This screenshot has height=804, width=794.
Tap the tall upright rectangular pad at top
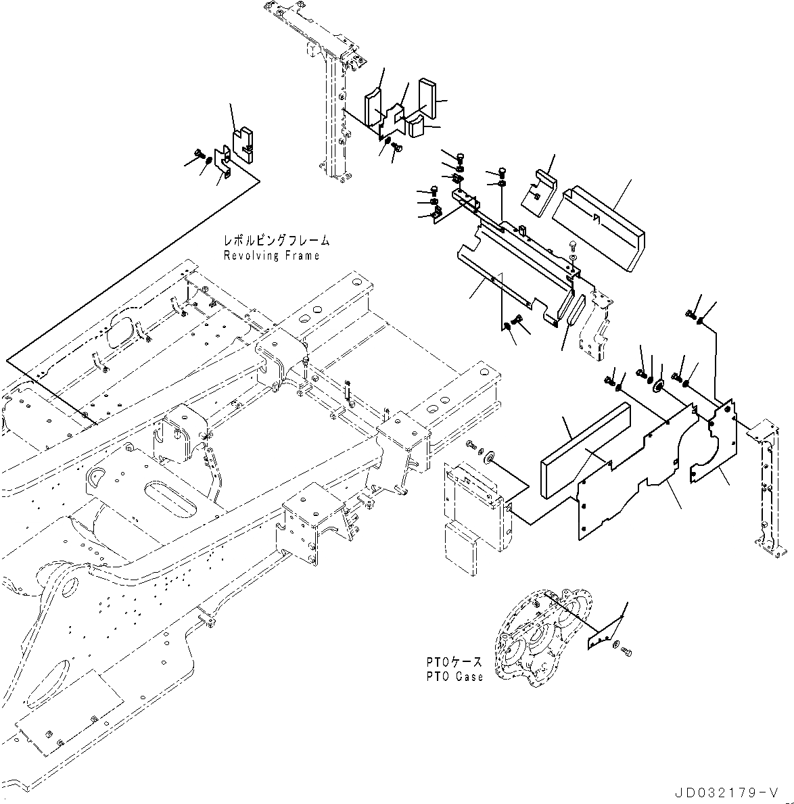click(x=427, y=98)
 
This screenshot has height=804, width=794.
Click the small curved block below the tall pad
click(x=417, y=126)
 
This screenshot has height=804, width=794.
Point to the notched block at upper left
click(x=243, y=143)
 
